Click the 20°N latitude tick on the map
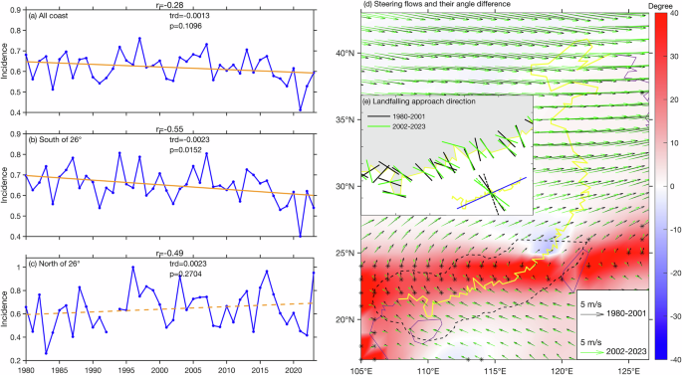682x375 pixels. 344,320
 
